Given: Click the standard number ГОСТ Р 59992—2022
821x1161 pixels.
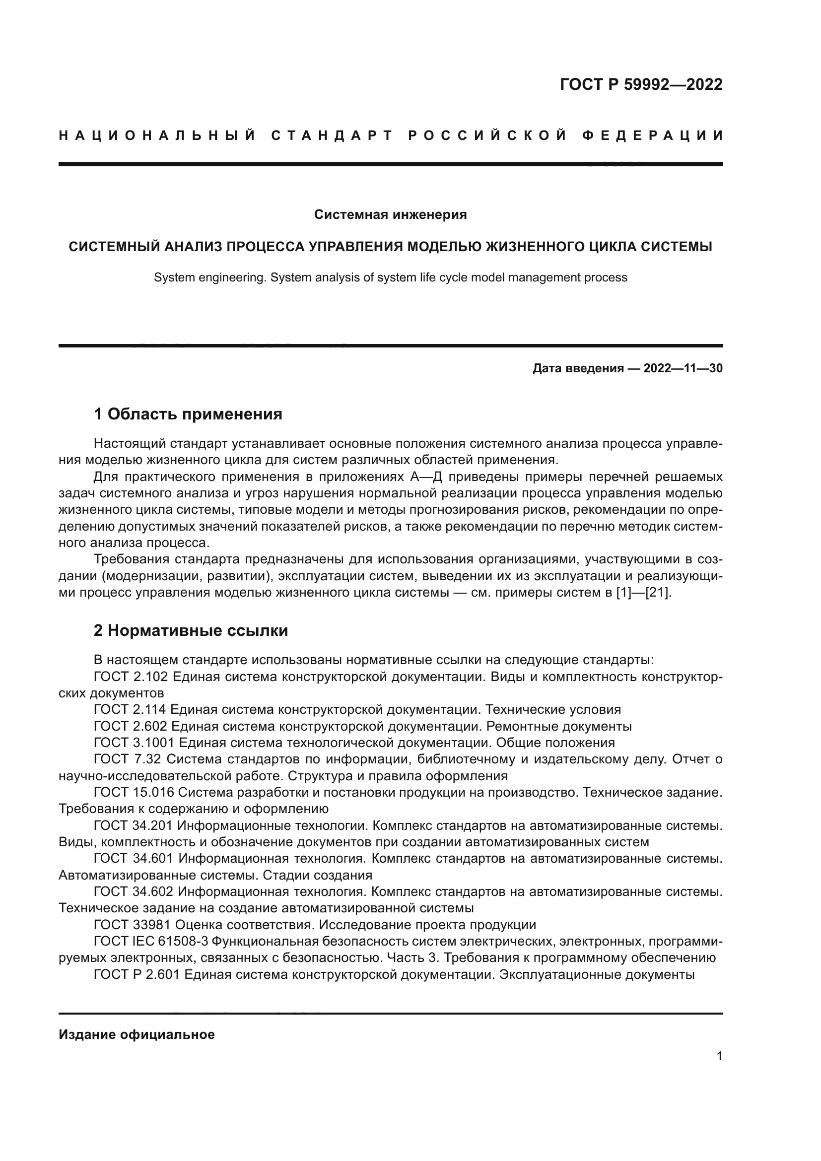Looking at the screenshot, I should [641, 84].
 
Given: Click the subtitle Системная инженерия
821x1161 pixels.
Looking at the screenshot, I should [390, 214].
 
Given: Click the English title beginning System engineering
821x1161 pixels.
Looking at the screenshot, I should [390, 277].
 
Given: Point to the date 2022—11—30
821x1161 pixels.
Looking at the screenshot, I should [683, 368].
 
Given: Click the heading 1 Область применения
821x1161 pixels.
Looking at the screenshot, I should [188, 414].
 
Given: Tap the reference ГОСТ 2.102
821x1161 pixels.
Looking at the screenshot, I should [131, 677].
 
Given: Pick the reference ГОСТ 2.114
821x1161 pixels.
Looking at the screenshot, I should [131, 709].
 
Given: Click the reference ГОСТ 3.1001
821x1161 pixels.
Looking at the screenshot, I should [134, 743].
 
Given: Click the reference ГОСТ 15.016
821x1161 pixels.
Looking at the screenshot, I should [134, 792].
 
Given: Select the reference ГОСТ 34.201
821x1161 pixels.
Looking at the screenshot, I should [134, 826].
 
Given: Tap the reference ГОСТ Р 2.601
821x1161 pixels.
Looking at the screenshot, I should [137, 974].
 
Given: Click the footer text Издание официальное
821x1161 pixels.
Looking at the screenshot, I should [137, 1034].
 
